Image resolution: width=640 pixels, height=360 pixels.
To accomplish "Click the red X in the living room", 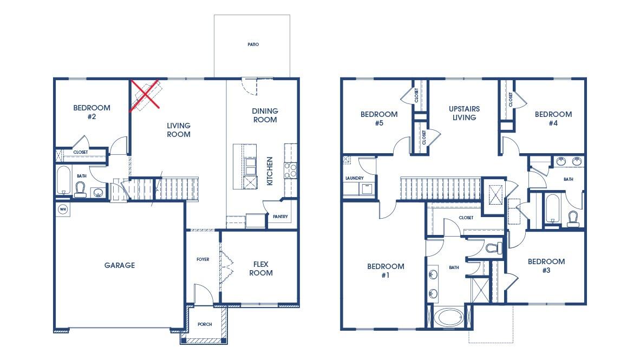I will (x=145, y=95).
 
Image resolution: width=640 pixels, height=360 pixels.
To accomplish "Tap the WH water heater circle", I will (x=62, y=209).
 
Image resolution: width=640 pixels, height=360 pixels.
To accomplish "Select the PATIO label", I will (x=253, y=44).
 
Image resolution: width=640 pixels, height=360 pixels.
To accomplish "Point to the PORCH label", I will (x=205, y=325).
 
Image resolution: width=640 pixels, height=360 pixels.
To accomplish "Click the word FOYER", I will (x=203, y=260).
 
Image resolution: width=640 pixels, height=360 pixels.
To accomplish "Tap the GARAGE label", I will (x=119, y=265).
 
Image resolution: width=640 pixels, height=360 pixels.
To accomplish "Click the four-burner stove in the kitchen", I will (x=290, y=171).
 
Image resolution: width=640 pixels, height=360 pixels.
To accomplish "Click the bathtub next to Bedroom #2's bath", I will (x=63, y=180).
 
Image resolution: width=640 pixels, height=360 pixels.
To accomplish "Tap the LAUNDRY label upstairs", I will (x=354, y=178).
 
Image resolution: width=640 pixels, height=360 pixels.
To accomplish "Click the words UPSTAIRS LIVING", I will (x=464, y=113).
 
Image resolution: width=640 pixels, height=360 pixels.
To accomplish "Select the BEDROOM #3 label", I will (x=546, y=265).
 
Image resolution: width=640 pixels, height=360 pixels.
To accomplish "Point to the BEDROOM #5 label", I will (x=379, y=119).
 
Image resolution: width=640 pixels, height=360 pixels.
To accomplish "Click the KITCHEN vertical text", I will (x=270, y=171).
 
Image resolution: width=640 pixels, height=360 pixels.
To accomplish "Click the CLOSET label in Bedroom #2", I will (x=80, y=153).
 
